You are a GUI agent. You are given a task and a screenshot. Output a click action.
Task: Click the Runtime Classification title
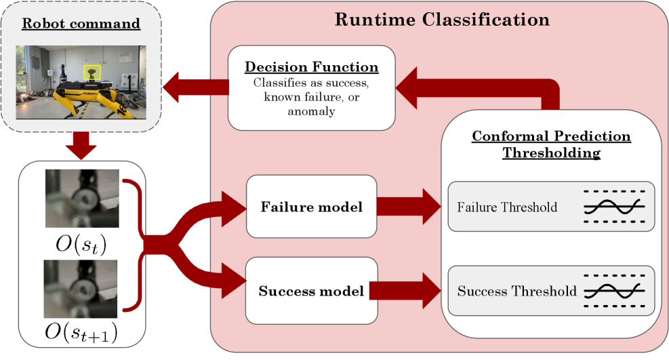tap(442, 19)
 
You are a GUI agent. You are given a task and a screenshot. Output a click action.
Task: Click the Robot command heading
tap(81, 24)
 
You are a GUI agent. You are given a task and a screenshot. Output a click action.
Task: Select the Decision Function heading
tap(311, 67)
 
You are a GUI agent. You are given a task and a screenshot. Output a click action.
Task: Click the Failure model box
tap(311, 206)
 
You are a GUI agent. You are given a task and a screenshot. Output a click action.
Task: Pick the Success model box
tap(311, 291)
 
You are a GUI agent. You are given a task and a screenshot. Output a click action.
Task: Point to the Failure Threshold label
tap(507, 207)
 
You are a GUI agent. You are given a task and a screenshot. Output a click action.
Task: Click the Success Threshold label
tap(516, 292)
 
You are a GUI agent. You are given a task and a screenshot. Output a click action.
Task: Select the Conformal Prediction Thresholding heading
tap(551, 144)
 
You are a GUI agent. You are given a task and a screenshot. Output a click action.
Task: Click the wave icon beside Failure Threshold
tap(614, 207)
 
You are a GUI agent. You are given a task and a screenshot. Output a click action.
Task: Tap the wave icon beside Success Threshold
tap(614, 292)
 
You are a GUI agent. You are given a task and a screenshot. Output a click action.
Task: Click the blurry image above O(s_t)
tap(82, 198)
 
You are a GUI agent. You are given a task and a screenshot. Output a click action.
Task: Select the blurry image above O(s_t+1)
tap(82, 288)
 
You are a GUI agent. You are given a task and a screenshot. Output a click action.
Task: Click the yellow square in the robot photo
tap(92, 72)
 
